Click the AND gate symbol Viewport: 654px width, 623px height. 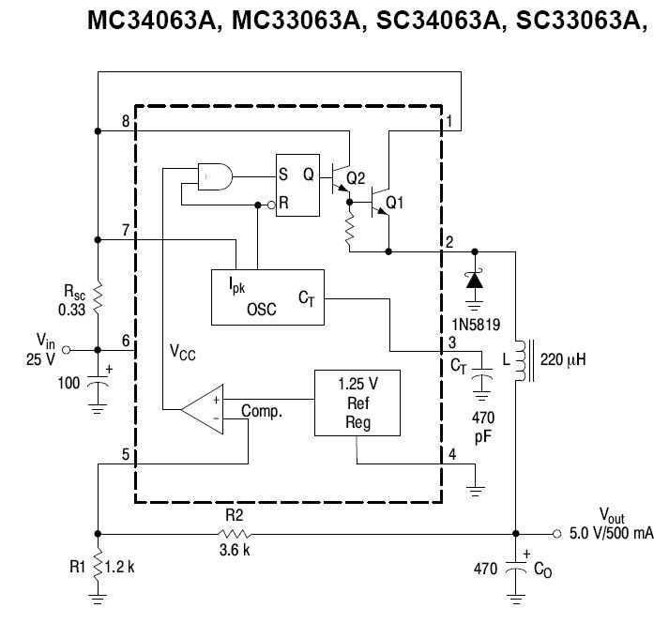click(215, 176)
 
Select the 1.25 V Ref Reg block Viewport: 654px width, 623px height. click(357, 403)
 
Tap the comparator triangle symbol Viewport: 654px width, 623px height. click(202, 409)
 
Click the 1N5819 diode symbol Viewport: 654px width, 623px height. click(475, 281)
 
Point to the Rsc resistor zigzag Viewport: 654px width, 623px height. click(98, 297)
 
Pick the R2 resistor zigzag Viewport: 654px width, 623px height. click(235, 534)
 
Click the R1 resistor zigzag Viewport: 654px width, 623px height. click(98, 567)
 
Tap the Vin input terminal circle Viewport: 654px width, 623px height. click(66, 350)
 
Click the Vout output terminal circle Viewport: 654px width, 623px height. click(556, 534)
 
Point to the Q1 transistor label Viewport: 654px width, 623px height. click(395, 203)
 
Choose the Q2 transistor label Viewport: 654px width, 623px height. click(356, 178)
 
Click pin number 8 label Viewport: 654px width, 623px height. click(126, 121)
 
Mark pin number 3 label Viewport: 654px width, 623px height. click(452, 342)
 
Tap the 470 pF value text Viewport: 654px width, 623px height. click(483, 427)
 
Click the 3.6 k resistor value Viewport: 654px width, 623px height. click(235, 550)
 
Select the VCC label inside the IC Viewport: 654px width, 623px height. click(182, 353)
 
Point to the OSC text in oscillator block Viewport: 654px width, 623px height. click(262, 310)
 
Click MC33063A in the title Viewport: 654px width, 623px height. click(296, 20)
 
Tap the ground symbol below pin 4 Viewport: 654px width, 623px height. click(475, 492)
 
